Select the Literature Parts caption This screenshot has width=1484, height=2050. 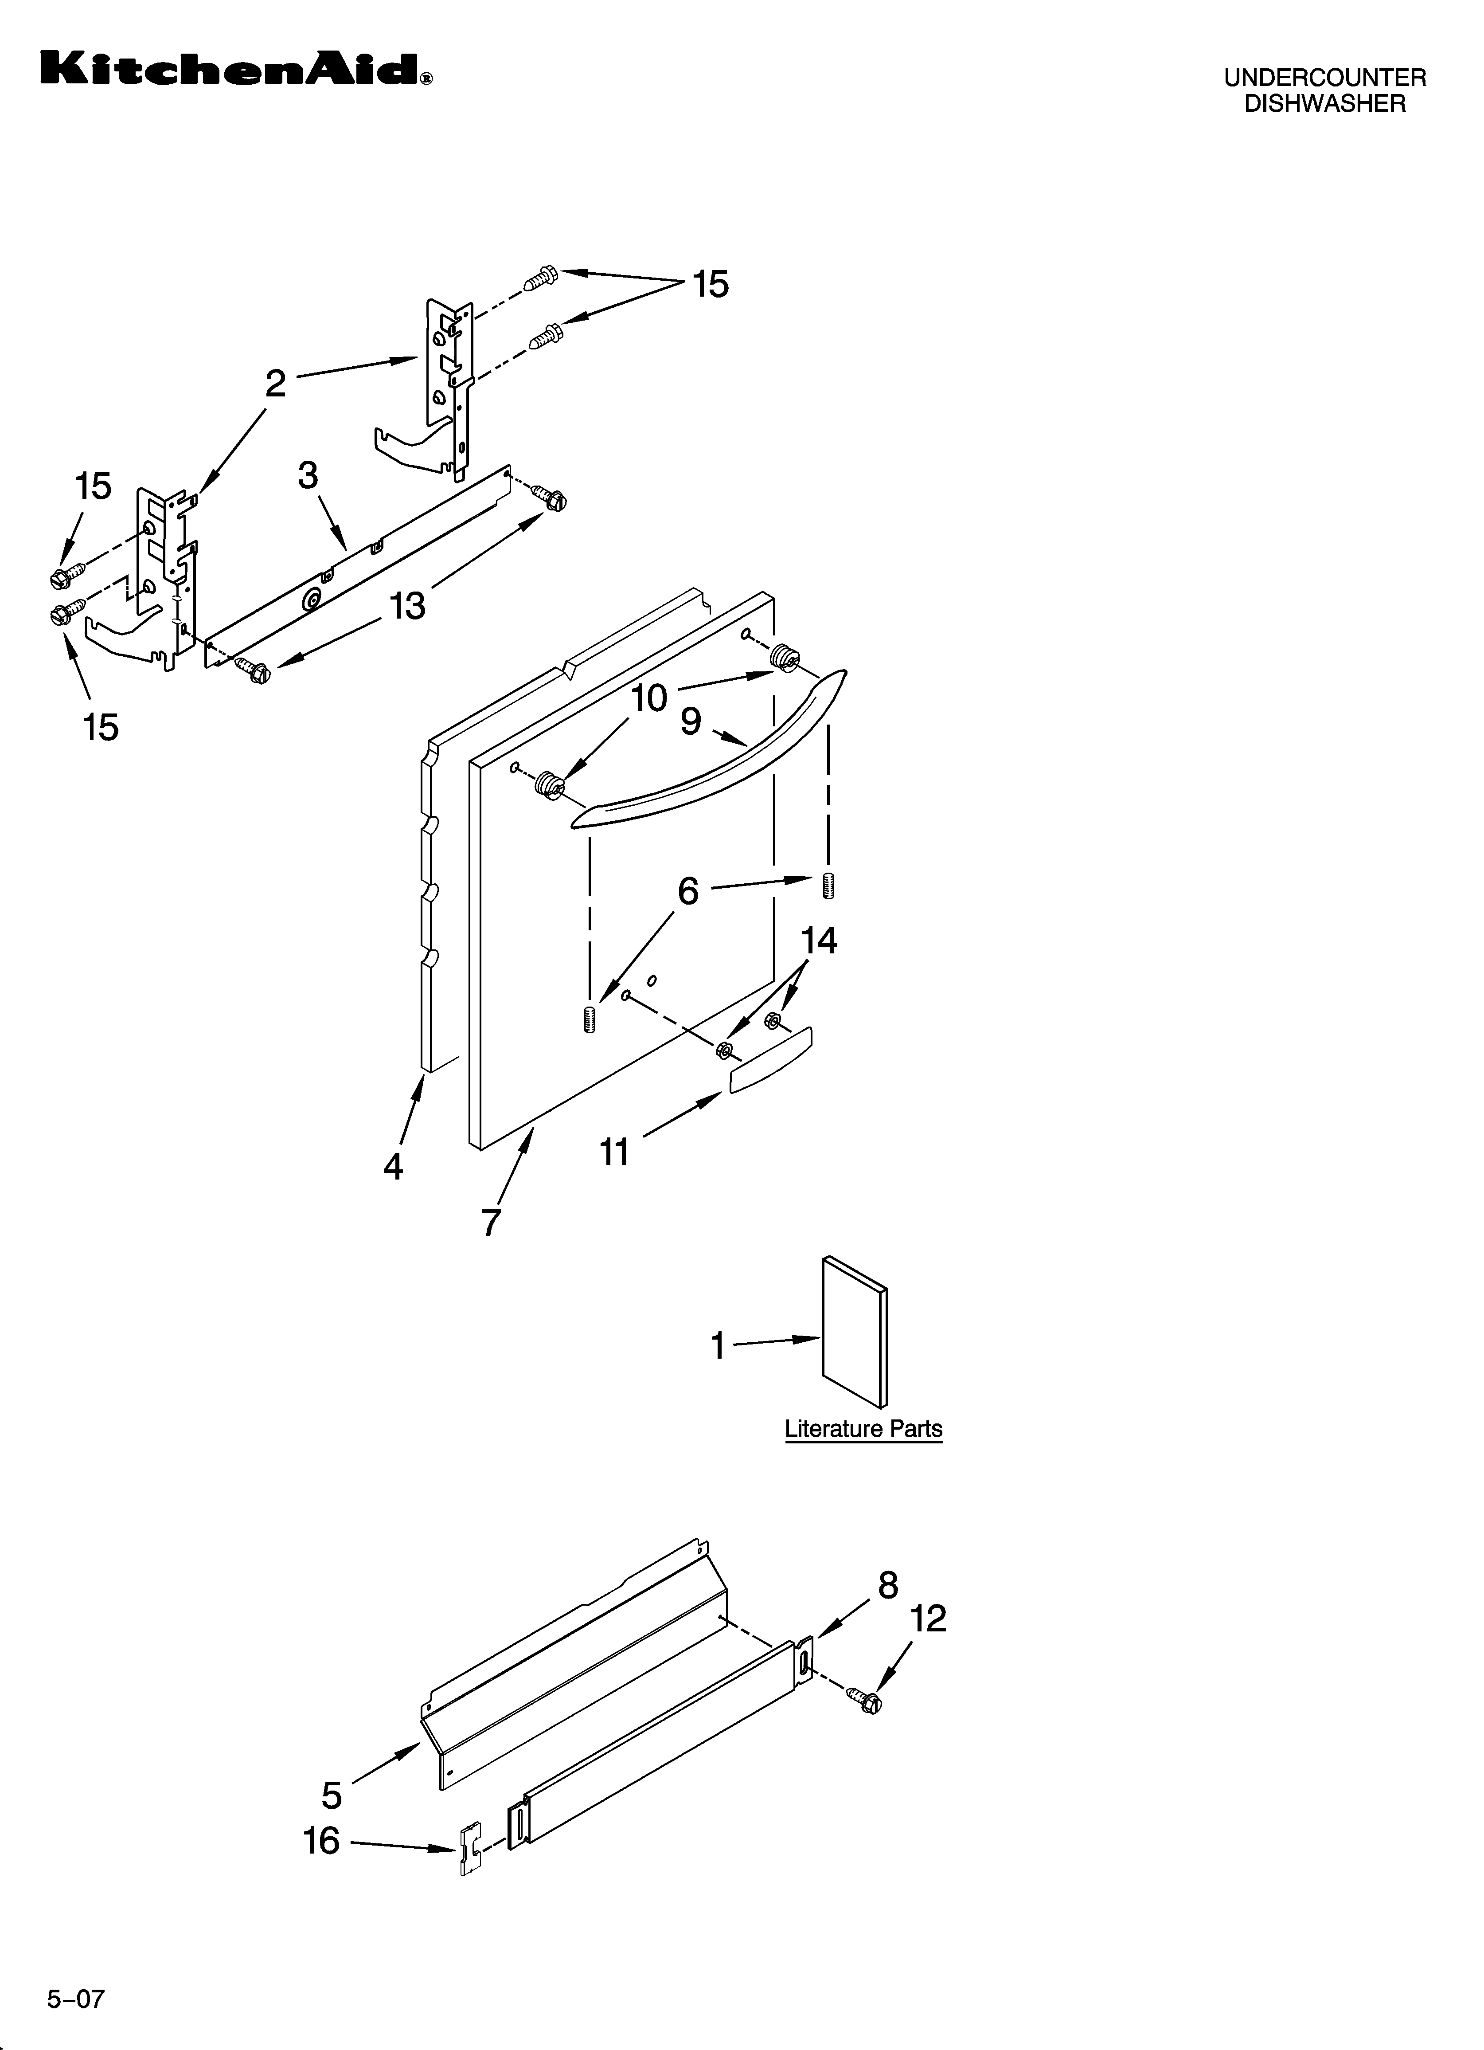point(863,1429)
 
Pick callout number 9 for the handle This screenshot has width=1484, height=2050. point(691,721)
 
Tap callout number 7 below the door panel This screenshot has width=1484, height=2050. point(491,1222)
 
